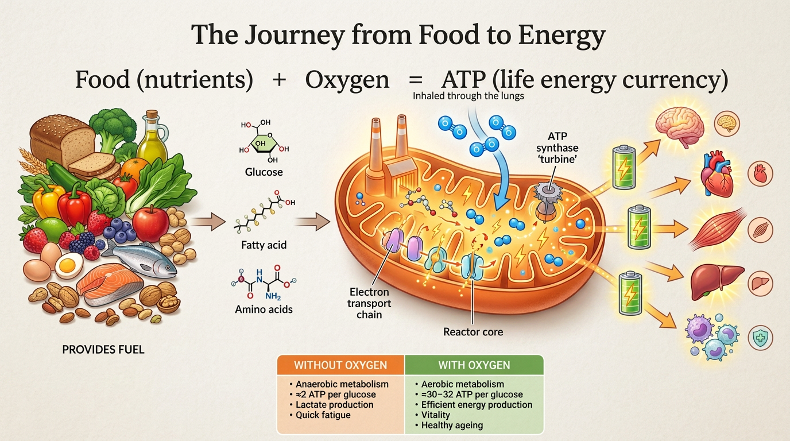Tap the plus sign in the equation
(279, 80)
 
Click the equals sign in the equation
(415, 80)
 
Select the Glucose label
(264, 172)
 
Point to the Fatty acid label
(264, 245)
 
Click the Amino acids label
(264, 310)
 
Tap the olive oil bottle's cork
(152, 114)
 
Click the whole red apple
(150, 223)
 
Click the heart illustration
(716, 173)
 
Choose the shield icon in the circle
(760, 338)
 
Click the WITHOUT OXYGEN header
(340, 365)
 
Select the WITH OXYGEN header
(474, 365)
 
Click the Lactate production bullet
(331, 405)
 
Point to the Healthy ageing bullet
(449, 425)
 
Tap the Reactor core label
(473, 332)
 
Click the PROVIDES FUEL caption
(103, 350)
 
